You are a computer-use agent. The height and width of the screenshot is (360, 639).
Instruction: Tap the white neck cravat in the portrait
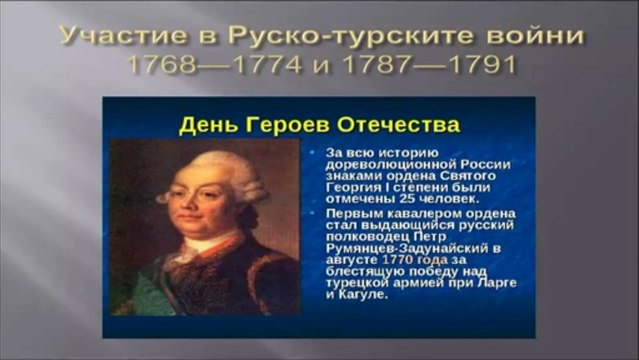201,245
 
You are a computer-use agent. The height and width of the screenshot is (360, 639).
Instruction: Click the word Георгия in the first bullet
350,189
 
